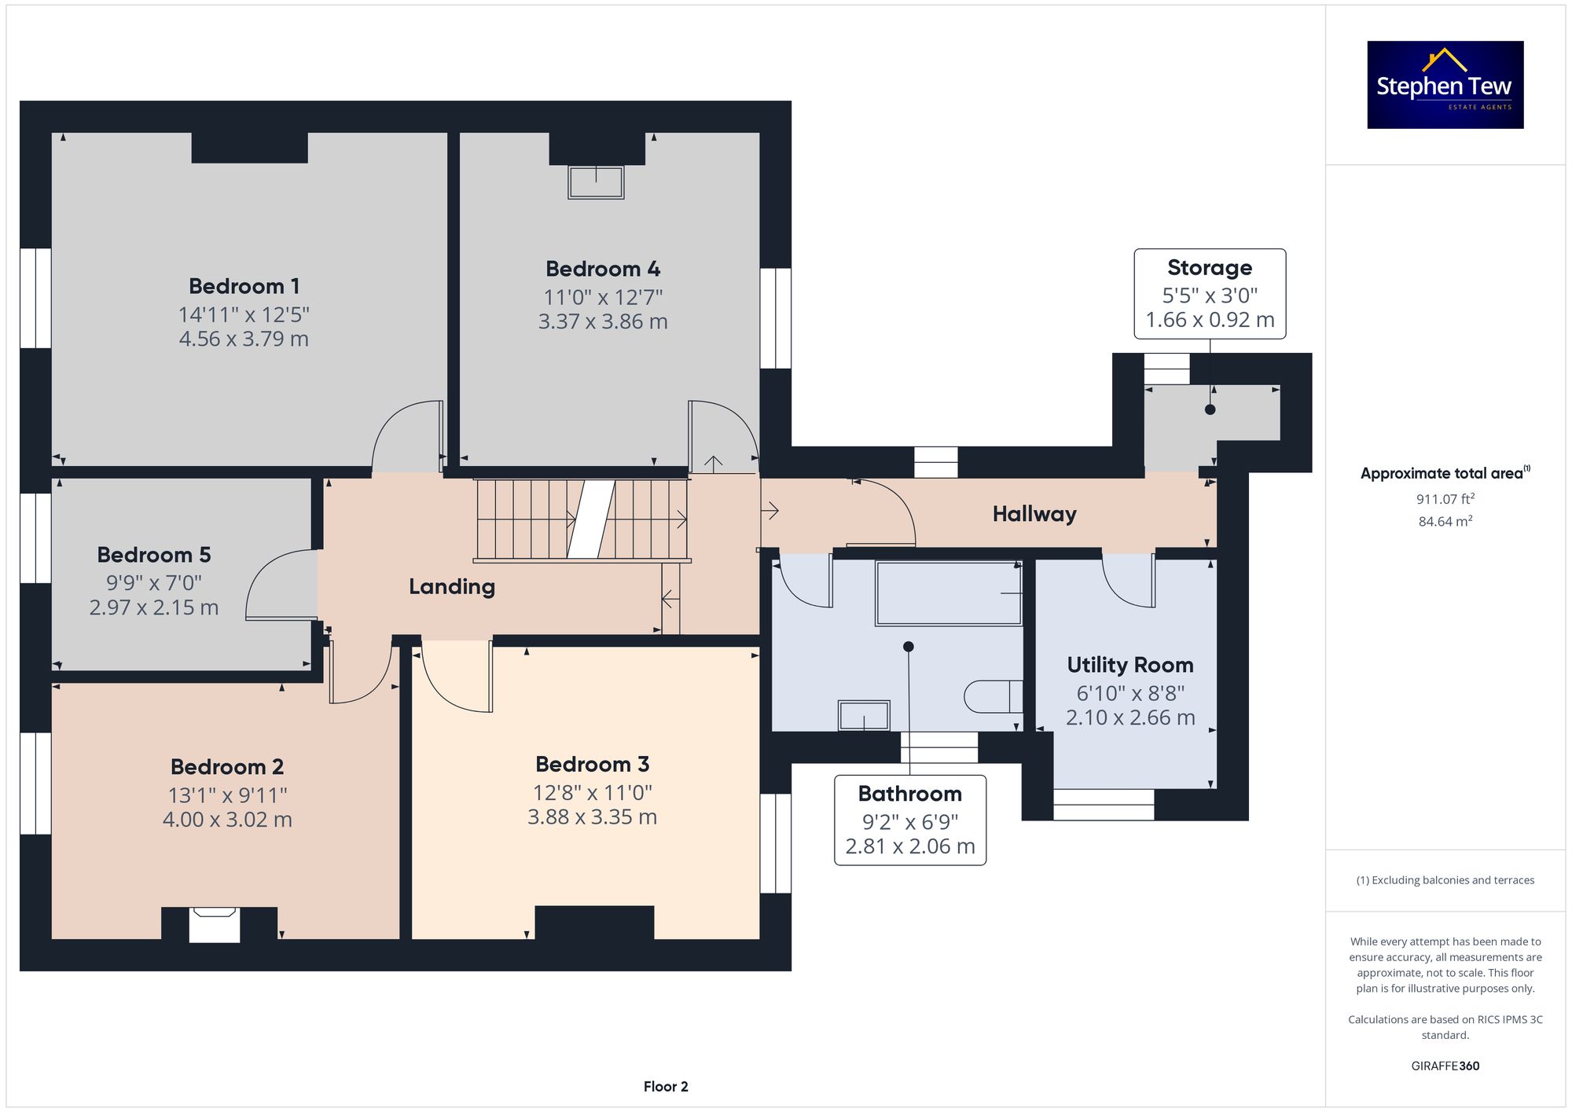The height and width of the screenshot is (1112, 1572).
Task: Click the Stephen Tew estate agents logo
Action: [1445, 85]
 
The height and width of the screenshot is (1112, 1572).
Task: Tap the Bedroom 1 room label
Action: [244, 286]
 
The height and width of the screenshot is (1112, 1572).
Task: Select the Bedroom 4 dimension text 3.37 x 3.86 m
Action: [603, 321]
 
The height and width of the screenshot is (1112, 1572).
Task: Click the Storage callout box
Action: [1210, 294]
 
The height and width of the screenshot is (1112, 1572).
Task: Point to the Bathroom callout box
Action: [910, 820]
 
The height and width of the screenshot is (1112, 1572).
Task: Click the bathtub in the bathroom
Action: [949, 593]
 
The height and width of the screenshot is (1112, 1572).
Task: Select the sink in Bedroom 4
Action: [596, 182]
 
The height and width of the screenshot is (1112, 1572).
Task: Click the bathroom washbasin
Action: [864, 715]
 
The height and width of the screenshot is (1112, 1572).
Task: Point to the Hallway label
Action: [1034, 514]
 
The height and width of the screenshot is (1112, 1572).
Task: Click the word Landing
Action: [452, 587]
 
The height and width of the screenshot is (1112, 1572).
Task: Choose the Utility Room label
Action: [1130, 665]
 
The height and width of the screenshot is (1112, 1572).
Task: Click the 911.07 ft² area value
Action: [1445, 498]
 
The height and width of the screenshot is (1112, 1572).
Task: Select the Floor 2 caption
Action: [666, 1087]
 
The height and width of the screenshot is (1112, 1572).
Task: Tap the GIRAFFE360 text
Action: [1445, 1066]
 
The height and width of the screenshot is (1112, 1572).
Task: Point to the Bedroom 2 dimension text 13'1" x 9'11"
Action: [228, 795]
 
